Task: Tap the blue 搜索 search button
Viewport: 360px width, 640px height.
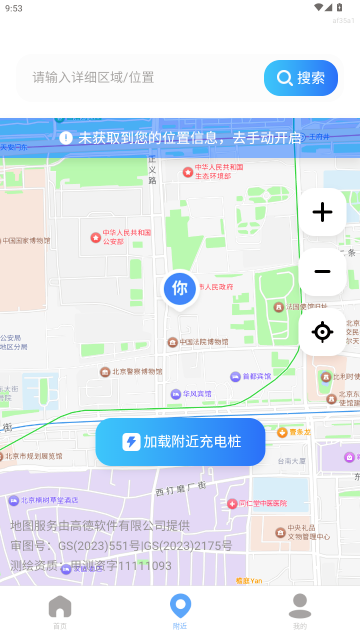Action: [x=301, y=78]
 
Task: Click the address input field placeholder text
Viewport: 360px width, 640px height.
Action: [x=93, y=78]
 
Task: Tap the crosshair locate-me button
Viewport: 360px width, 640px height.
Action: [x=322, y=332]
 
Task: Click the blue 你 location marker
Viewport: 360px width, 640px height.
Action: [x=180, y=289]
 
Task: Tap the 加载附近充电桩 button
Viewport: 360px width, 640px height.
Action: [x=181, y=442]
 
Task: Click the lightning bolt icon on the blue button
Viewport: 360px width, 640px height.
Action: [x=131, y=442]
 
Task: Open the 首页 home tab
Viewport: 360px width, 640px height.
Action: [x=60, y=610]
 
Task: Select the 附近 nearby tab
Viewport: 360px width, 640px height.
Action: [x=180, y=610]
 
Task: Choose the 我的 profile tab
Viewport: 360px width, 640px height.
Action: [x=300, y=610]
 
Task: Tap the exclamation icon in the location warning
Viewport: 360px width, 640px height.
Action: [x=66, y=138]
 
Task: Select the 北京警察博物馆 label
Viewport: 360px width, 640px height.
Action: [x=135, y=371]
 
